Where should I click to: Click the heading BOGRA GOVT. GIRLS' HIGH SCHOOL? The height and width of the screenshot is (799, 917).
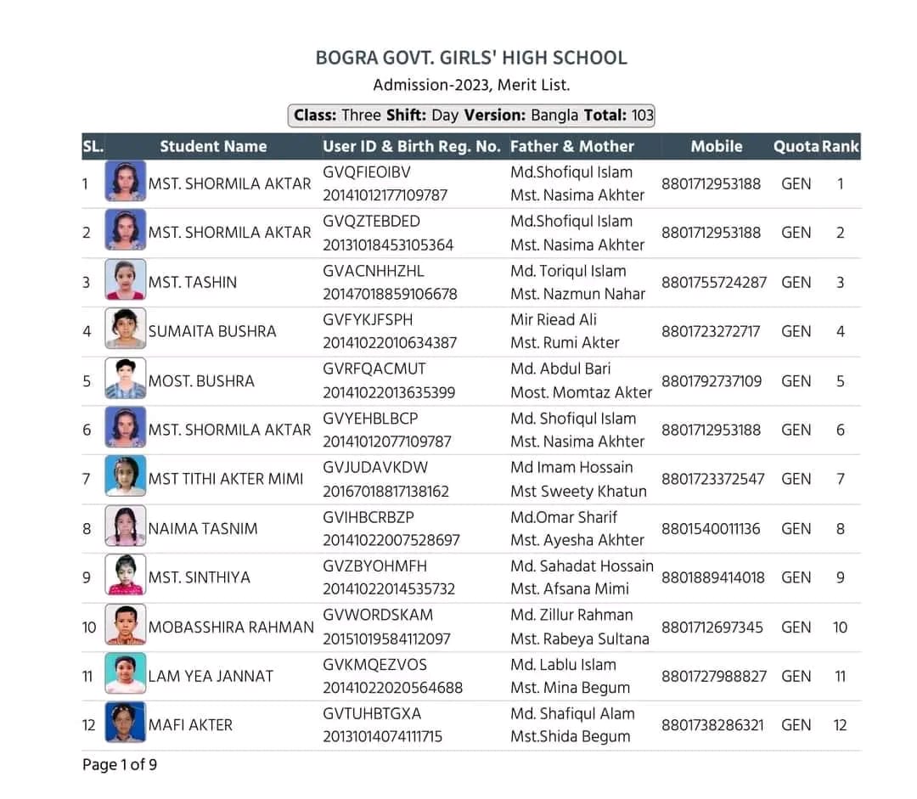click(x=471, y=59)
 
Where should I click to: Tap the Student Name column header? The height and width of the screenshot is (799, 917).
click(x=213, y=146)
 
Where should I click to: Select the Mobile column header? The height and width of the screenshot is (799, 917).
click(x=716, y=146)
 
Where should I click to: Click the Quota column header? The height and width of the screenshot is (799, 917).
click(x=796, y=146)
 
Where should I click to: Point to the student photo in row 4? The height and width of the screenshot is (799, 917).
click(x=126, y=329)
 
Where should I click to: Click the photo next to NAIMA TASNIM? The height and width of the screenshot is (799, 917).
click(x=126, y=526)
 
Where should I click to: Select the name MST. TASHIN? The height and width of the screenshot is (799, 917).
click(x=193, y=282)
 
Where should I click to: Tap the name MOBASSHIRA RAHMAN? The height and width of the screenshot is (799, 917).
click(x=231, y=627)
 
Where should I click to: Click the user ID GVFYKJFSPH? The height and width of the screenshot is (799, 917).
click(x=368, y=319)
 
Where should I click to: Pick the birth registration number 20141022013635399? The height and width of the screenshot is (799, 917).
click(x=389, y=392)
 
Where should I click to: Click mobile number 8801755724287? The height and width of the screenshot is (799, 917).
click(x=714, y=282)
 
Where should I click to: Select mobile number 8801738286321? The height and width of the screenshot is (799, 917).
click(x=713, y=725)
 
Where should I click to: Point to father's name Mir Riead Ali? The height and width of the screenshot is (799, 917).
click(x=554, y=319)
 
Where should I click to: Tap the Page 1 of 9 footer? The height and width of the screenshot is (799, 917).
click(x=120, y=764)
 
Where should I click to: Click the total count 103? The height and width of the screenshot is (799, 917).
click(x=643, y=115)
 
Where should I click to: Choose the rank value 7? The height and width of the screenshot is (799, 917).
click(x=840, y=479)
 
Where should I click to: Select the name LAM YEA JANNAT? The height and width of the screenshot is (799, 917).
click(x=211, y=676)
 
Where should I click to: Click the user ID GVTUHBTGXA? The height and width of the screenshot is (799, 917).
click(x=372, y=713)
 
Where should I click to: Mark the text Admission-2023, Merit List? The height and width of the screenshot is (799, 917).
click(x=471, y=85)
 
